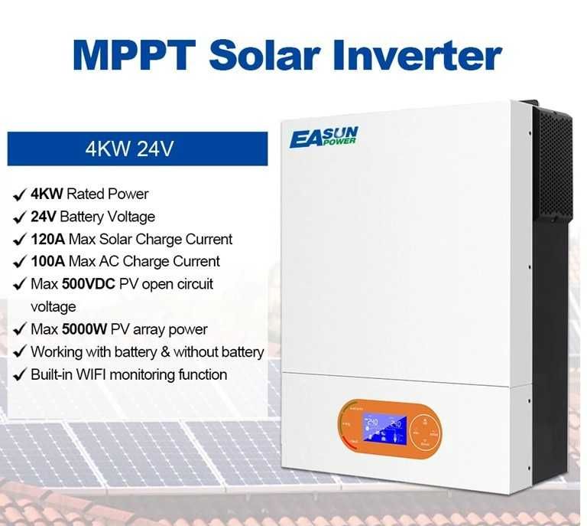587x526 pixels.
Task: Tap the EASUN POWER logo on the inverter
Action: pos(323,138)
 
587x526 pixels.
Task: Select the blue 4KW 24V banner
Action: pos(138,149)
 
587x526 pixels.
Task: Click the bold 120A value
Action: pos(47,239)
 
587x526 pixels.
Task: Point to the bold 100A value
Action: pos(47,261)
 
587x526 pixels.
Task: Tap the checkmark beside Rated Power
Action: pos(18,194)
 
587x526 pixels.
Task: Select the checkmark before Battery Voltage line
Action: pos(18,217)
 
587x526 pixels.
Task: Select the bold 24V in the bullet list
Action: pos(44,217)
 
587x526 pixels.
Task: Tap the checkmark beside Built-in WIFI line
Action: pos(18,374)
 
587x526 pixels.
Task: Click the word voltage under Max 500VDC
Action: pos(53,306)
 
